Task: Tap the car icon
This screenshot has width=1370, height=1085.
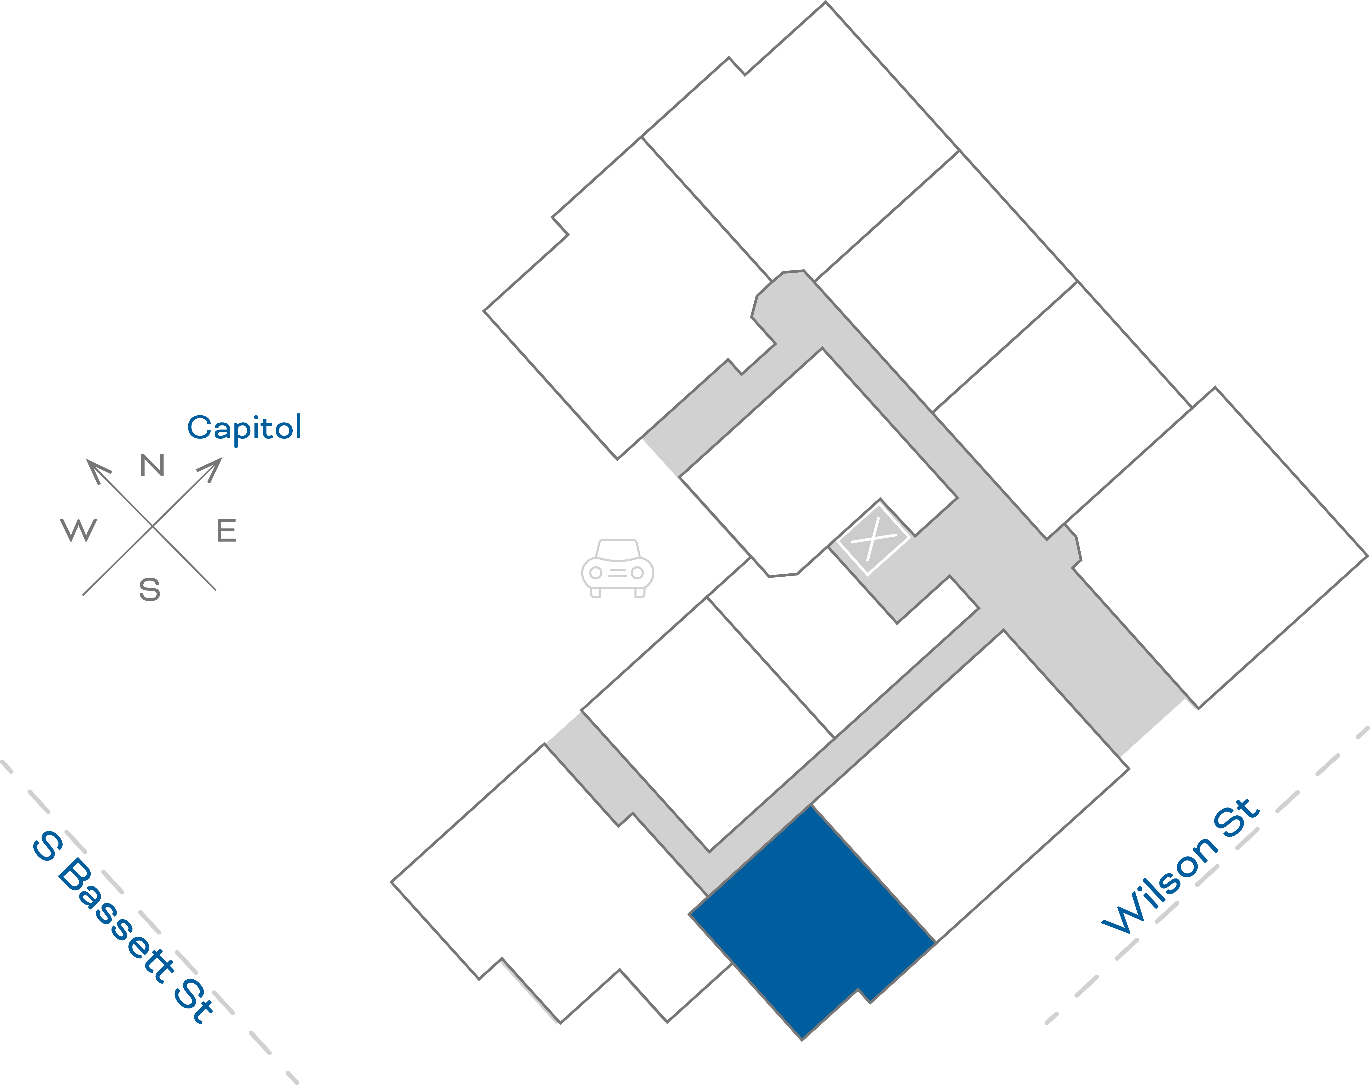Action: tap(617, 568)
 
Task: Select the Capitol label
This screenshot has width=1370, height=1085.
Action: tap(245, 428)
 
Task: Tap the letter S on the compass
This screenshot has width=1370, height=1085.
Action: tap(150, 589)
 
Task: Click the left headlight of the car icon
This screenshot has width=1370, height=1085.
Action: tap(596, 573)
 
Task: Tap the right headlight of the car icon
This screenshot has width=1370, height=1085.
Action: tap(637, 573)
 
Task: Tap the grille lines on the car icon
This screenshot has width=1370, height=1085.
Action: tap(617, 573)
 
